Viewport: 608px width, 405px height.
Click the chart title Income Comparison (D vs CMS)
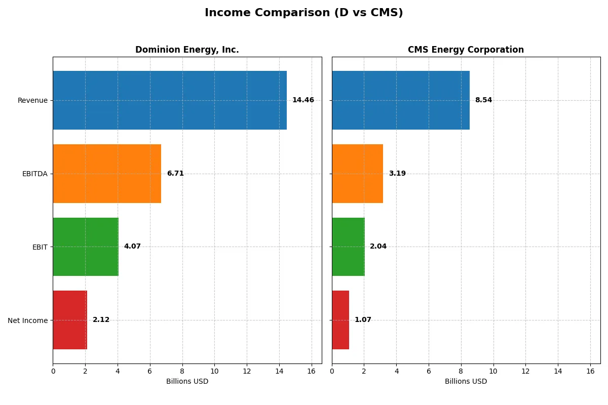pos(303,13)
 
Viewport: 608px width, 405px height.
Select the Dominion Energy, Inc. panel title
pos(187,50)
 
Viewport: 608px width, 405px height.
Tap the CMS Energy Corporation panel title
pos(466,50)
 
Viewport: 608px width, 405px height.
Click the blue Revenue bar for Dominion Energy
pos(170,100)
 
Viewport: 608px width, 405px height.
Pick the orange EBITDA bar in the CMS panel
pos(357,174)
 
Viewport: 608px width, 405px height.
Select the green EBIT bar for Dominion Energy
pos(86,247)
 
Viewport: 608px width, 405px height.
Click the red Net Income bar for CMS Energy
pos(340,320)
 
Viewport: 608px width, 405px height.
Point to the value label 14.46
pos(303,100)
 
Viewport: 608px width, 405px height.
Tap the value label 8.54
pos(483,100)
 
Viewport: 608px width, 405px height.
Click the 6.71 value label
pos(175,174)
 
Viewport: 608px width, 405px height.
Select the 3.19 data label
pos(397,174)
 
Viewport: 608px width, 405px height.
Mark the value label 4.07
pos(132,247)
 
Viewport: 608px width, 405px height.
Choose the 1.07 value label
pos(363,320)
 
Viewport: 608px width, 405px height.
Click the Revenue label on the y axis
pos(32,100)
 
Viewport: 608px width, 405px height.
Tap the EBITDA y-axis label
pos(35,174)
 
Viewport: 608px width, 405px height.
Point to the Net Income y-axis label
pos(28,320)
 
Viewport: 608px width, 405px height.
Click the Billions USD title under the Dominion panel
pos(187,382)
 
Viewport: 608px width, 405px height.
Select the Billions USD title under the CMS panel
pos(466,382)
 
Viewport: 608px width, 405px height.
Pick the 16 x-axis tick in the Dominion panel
pos(311,371)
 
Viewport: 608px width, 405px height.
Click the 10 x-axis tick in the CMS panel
pos(493,371)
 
